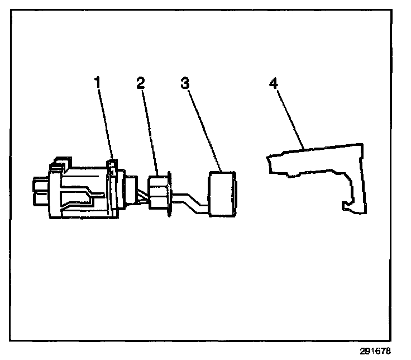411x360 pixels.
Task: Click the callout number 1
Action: click(97, 82)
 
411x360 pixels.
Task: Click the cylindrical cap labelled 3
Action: click(223, 194)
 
